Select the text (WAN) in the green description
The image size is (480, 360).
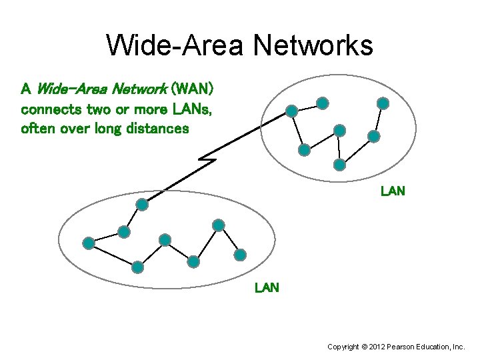(192, 89)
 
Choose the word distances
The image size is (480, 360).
(161, 128)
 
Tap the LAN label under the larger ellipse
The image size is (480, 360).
(267, 288)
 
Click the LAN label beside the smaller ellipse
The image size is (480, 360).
(393, 191)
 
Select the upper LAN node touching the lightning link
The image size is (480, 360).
(291, 111)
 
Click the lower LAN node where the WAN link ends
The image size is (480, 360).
(141, 204)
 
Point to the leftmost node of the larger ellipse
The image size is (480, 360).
(88, 243)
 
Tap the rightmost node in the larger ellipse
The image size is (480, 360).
(240, 254)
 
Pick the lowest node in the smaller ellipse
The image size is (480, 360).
(339, 163)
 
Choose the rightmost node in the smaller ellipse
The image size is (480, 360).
(383, 103)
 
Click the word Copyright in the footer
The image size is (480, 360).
(343, 347)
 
